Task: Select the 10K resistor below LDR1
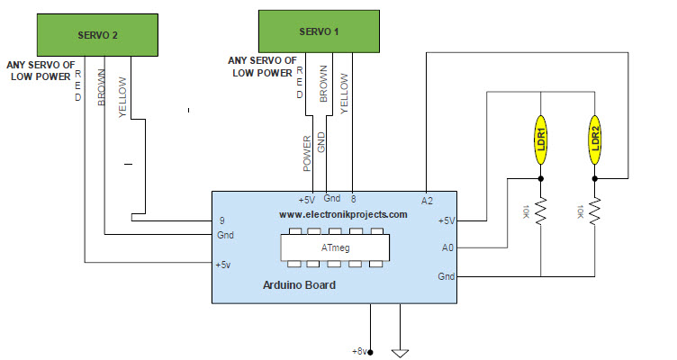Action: pos(541,212)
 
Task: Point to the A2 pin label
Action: pos(428,199)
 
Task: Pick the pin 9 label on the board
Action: pos(221,220)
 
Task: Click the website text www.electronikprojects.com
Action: pos(342,215)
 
